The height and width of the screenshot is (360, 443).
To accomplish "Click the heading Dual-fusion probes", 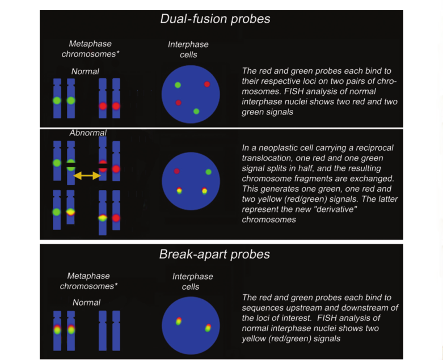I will (215, 18).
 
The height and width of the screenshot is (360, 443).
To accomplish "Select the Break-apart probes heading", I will (215, 255).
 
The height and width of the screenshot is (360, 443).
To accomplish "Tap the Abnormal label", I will (80, 133).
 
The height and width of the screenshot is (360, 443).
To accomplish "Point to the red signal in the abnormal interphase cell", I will (177, 171).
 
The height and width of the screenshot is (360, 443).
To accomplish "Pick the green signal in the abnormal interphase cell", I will (208, 172).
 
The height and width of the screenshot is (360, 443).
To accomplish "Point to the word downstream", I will (371, 307).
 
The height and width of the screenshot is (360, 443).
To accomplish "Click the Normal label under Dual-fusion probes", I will (85, 71).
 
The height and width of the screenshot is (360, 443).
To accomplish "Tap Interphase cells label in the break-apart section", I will (193, 281).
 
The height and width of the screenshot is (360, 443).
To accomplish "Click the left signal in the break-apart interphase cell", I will (179, 322).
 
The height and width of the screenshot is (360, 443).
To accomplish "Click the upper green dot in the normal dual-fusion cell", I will (178, 85).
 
